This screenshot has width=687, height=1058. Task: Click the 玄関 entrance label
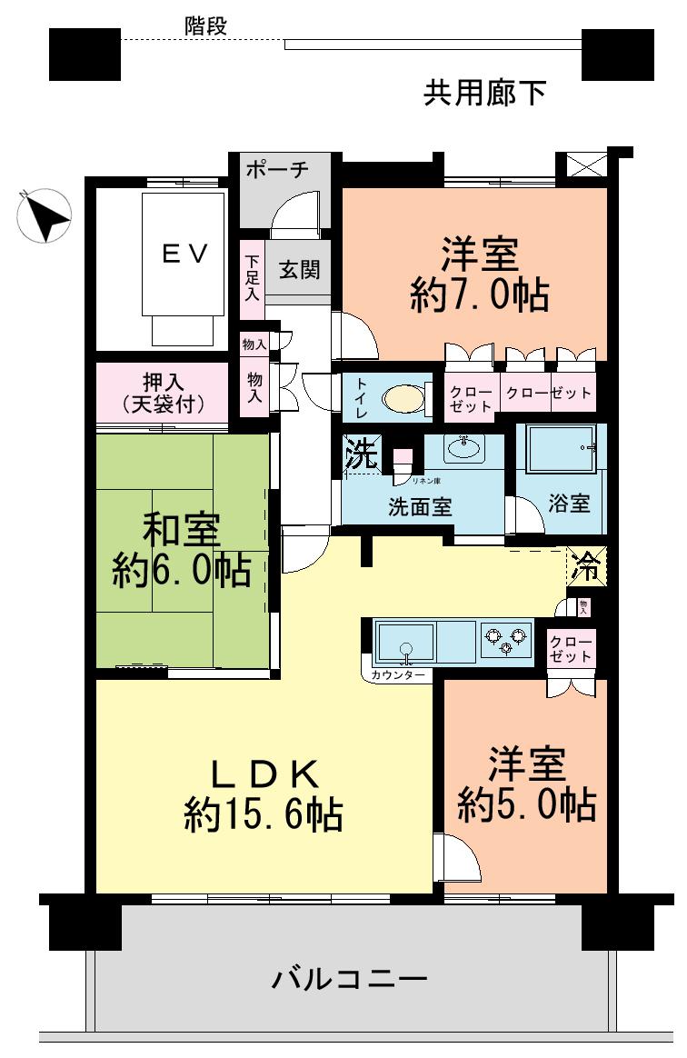tap(299, 270)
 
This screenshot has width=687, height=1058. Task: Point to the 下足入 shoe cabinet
tap(251, 279)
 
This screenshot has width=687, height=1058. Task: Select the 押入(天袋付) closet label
tap(162, 392)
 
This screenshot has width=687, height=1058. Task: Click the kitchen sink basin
tap(405, 642)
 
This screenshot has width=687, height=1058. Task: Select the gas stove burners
tap(505, 640)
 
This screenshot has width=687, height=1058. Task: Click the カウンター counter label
tap(398, 675)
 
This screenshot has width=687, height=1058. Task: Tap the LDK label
tap(264, 774)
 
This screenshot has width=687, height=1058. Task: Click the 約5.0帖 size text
tap(526, 804)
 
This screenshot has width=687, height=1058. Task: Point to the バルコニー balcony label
tap(350, 980)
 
